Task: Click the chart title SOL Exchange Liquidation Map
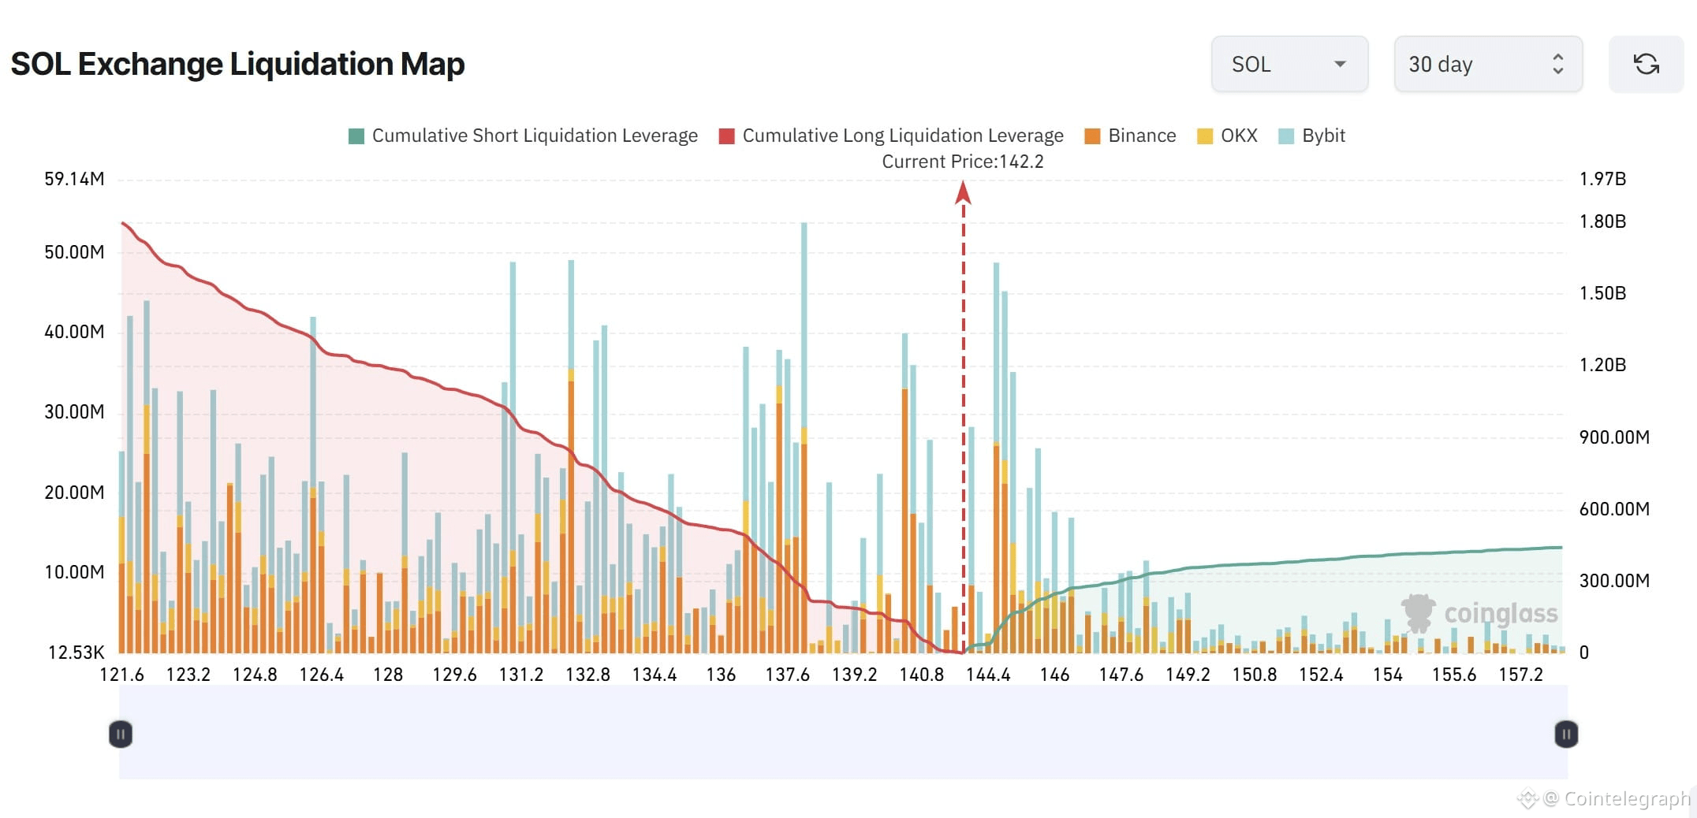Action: coord(237,65)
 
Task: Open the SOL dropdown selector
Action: coord(1289,65)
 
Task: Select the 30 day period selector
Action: coord(1487,65)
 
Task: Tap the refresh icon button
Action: coord(1646,65)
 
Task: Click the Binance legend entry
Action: coord(1130,136)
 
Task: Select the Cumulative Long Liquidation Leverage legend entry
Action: coord(891,136)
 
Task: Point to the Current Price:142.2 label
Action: coord(962,162)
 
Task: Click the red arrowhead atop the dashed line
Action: coord(963,192)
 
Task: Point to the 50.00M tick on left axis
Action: coord(74,253)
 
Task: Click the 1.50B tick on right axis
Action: coord(1602,293)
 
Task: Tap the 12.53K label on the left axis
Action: coord(76,653)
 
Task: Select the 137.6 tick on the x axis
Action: coord(787,675)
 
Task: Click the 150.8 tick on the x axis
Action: coord(1254,675)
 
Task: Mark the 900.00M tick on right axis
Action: coord(1613,437)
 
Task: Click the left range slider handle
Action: coord(120,734)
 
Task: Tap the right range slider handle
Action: coord(1566,734)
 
